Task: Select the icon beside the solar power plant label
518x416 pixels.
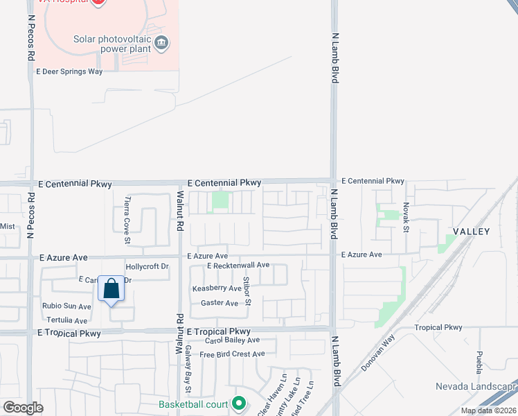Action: [x=161, y=43]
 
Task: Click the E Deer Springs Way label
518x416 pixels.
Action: [x=69, y=71]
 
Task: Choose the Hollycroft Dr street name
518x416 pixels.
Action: [x=147, y=266]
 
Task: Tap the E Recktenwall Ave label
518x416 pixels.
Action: [x=238, y=266]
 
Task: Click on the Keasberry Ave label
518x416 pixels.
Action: [x=217, y=288]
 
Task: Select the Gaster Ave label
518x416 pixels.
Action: [x=219, y=303]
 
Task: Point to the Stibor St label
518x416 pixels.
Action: [x=247, y=291]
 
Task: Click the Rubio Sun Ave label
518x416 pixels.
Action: [x=66, y=306]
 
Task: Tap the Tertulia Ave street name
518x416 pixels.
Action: [x=66, y=320]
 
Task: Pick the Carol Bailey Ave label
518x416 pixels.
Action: [x=232, y=340]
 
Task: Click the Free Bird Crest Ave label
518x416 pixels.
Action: [x=232, y=354]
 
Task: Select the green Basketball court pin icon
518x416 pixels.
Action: [x=239, y=403]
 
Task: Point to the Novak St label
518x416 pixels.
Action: [x=407, y=217]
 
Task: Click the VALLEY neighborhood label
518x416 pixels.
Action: [x=472, y=232]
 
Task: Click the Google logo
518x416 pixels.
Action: [x=24, y=408]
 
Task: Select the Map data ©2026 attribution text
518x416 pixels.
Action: [x=488, y=410]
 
